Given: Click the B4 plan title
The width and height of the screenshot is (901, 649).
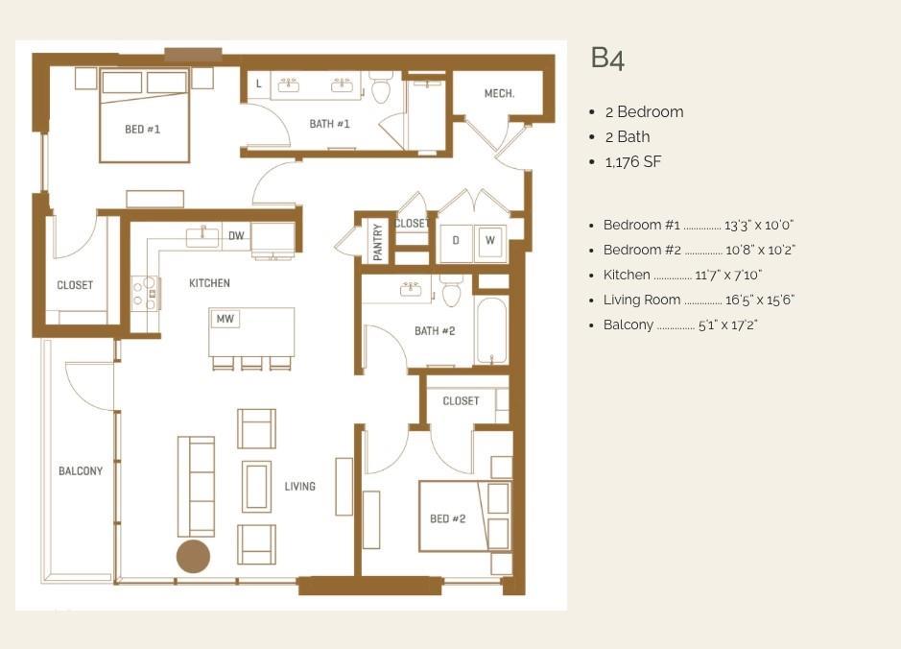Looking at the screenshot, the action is (607, 58).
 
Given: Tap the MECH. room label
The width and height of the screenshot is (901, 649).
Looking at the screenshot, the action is (499, 93).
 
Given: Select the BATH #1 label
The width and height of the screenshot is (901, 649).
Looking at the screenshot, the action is (329, 124).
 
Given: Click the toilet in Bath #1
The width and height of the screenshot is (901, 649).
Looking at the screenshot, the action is (380, 86).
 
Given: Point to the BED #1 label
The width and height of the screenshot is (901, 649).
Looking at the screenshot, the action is (143, 130).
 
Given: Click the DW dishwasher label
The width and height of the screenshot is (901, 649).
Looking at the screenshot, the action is (236, 235).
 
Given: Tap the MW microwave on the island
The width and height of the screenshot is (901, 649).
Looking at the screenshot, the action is (225, 319).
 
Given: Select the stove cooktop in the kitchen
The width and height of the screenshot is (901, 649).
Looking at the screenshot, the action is (146, 293).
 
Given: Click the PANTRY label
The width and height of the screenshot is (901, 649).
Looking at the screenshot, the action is (377, 242).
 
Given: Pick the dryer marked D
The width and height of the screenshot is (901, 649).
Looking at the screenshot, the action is (456, 241).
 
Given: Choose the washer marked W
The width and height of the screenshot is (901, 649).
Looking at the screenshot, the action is (490, 241).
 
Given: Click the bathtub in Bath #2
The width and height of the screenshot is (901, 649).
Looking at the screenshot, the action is (492, 330).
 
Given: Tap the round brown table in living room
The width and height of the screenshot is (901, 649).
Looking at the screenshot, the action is (193, 557).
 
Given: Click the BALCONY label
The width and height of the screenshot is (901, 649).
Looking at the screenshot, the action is (81, 470).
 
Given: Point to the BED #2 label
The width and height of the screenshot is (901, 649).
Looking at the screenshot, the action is (448, 518).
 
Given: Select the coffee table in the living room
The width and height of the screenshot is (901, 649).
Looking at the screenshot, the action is (256, 487).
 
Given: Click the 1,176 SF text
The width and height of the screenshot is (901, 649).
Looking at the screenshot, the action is (632, 162).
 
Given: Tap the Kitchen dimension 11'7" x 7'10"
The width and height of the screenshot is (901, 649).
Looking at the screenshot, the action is (728, 276).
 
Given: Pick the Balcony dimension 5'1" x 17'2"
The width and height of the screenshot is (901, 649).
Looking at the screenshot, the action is (728, 325).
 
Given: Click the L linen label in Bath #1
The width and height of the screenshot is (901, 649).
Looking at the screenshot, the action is (258, 84).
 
